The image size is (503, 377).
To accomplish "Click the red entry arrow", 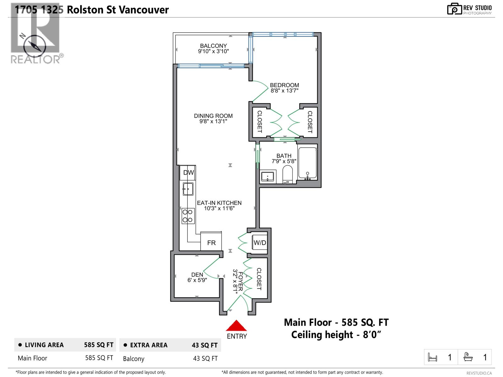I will click(236, 326).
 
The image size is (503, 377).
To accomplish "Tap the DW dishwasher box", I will click(188, 172).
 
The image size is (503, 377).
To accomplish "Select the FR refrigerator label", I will click(211, 243).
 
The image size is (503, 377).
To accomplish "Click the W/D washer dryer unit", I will click(260, 243).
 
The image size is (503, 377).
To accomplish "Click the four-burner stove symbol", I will click(188, 216).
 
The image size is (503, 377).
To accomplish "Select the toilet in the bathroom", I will click(287, 175).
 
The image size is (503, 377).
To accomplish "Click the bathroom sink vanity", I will click(268, 177).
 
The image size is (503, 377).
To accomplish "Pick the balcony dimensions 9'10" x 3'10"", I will click(213, 51).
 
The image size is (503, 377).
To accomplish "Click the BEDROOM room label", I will click(284, 85).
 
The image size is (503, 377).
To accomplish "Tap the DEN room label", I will click(197, 275).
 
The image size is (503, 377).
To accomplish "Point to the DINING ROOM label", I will click(213, 116).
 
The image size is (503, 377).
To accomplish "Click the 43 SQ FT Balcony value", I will click(205, 358).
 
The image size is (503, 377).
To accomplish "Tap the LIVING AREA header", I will click(44, 345).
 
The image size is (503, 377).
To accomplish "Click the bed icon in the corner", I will click(433, 358).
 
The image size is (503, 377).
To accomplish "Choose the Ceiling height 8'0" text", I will click(336, 335).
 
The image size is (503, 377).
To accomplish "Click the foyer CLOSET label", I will click(259, 279).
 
